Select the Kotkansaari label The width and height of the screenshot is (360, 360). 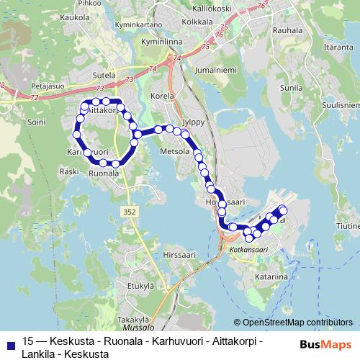[244, 249]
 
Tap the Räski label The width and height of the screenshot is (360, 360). [69, 171]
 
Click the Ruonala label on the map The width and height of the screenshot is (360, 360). [104, 174]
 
